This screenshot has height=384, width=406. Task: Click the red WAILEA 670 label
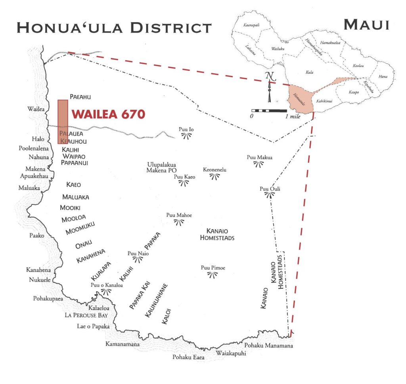click(x=108, y=115)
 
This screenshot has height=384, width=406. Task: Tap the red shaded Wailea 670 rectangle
click(x=63, y=119)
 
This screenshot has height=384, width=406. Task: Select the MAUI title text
click(x=366, y=25)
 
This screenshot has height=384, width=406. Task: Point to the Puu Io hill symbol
click(x=186, y=136)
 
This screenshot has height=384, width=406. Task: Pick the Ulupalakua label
click(x=161, y=164)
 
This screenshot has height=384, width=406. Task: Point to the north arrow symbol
click(x=270, y=86)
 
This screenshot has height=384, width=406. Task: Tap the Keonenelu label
click(x=214, y=170)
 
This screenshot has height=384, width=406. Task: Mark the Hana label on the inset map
click(x=383, y=76)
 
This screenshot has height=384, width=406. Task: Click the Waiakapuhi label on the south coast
click(x=230, y=354)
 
